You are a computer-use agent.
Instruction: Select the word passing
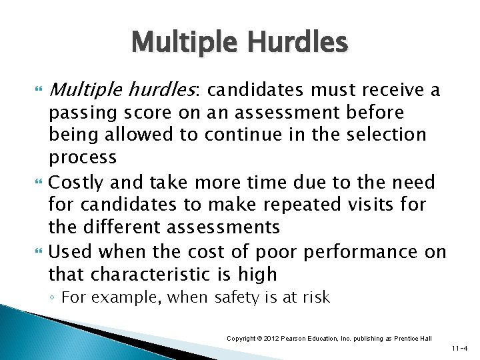[x=77, y=111]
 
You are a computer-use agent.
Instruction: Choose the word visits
[x=359, y=205]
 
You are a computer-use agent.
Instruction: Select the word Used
[x=69, y=251]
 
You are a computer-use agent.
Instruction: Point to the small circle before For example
[x=54, y=298]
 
